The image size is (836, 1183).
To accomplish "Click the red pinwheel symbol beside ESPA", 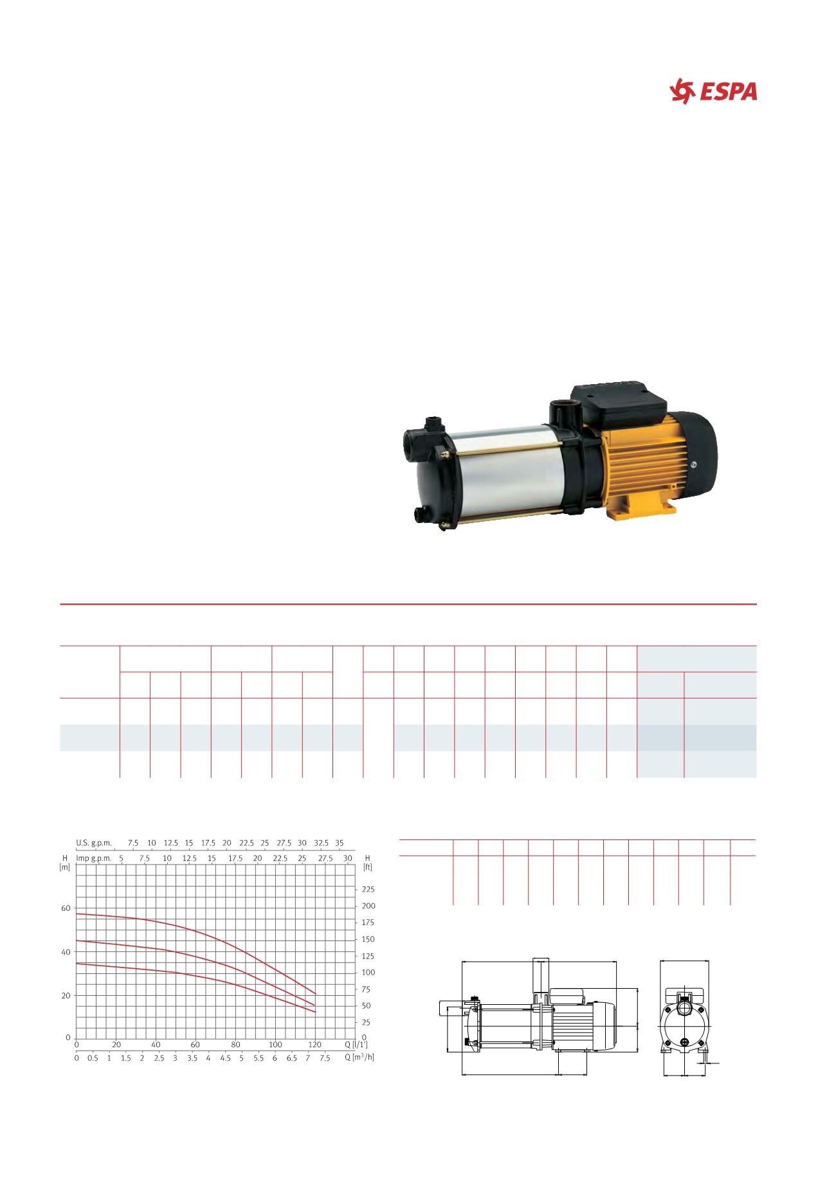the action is point(682,91).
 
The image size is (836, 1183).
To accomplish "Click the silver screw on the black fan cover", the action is point(693,464).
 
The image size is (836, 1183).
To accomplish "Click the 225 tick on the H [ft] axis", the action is point(368,890).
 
